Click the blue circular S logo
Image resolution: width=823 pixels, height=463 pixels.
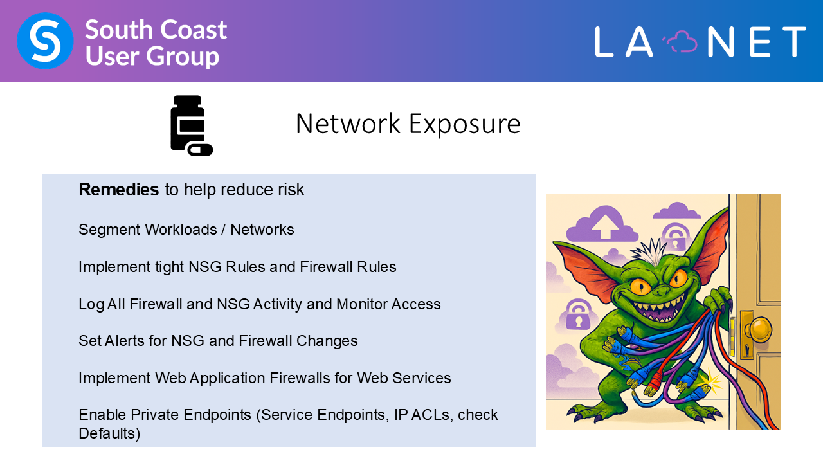(x=45, y=41)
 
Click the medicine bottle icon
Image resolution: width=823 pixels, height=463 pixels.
(x=192, y=125)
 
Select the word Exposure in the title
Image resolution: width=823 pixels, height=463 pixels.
(x=464, y=124)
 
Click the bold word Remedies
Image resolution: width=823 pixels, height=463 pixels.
(x=119, y=190)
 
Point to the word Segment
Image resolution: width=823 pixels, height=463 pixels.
(x=109, y=230)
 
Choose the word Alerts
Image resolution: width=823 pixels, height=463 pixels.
(x=125, y=341)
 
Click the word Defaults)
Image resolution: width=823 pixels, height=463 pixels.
(x=109, y=433)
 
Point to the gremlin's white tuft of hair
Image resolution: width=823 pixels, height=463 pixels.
(x=649, y=251)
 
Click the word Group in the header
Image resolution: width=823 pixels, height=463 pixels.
(x=183, y=57)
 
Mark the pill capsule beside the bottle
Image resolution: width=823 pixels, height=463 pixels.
(x=200, y=150)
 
